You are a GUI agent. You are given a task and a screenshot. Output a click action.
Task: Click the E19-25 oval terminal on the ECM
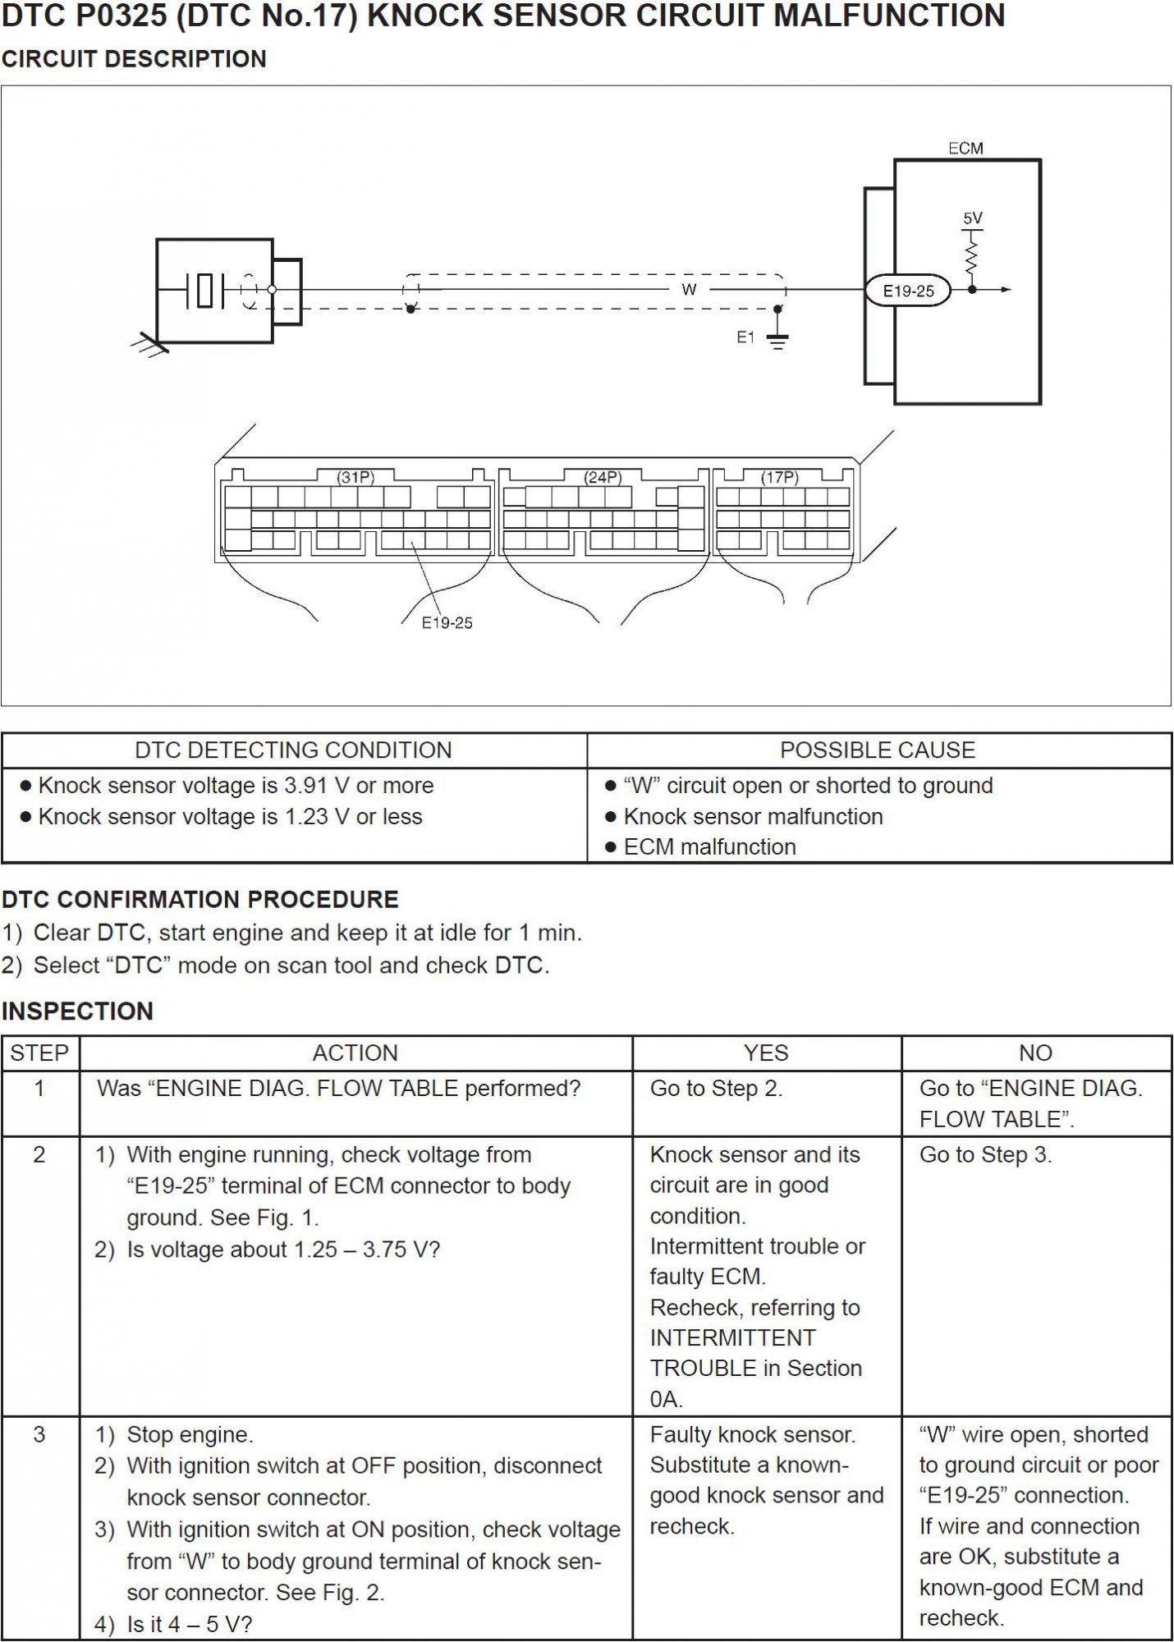(908, 291)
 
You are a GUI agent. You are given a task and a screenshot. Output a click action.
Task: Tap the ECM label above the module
(965, 149)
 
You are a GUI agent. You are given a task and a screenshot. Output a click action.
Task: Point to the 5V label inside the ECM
(973, 218)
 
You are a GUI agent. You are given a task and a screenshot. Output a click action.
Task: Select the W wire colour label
(689, 289)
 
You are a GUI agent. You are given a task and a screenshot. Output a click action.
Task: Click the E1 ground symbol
(777, 338)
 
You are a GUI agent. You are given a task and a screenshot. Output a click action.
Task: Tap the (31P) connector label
(355, 477)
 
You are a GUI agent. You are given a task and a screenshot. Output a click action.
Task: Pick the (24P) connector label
(603, 477)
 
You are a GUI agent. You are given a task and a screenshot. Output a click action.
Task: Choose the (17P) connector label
(779, 477)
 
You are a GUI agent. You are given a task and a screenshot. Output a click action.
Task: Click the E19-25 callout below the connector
(447, 623)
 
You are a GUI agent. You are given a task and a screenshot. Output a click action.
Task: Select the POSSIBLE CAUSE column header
(878, 750)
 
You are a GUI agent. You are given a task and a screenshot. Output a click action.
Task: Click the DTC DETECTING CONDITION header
(293, 750)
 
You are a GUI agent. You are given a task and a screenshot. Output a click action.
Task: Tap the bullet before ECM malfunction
(610, 847)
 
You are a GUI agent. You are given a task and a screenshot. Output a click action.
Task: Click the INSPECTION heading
(78, 1011)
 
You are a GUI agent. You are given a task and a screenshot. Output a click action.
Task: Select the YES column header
(766, 1053)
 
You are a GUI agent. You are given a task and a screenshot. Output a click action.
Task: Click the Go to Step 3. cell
(985, 1155)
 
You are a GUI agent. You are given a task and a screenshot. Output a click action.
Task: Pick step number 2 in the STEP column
(39, 1155)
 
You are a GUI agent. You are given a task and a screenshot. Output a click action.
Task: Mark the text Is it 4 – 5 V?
(190, 1624)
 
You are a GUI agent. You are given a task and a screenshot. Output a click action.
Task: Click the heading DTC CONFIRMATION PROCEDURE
(200, 899)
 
